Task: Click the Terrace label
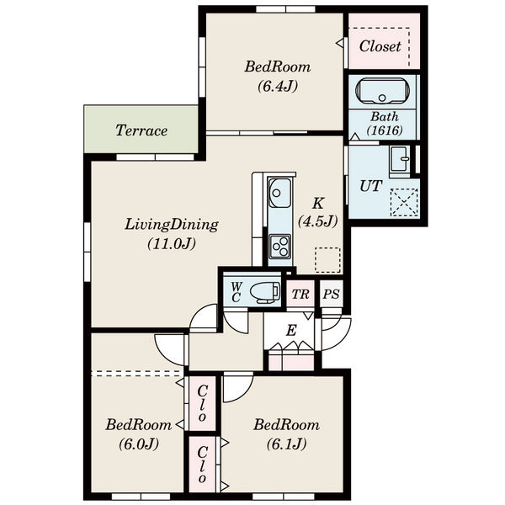click(141, 130)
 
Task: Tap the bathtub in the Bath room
click(383, 91)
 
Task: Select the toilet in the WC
click(265, 292)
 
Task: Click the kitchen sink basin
click(279, 193)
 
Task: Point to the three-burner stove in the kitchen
click(280, 247)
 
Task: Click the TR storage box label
click(300, 294)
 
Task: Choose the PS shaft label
click(332, 294)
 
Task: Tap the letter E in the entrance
click(291, 331)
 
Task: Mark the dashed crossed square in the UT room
click(404, 203)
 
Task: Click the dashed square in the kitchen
click(327, 260)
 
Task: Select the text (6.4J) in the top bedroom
click(278, 86)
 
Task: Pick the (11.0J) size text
click(172, 244)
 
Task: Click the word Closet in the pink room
click(380, 46)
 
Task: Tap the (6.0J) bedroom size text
click(139, 444)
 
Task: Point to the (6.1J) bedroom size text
click(286, 444)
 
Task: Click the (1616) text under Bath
click(385, 130)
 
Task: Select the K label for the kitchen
click(318, 204)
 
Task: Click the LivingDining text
click(172, 225)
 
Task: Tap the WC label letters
click(236, 292)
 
